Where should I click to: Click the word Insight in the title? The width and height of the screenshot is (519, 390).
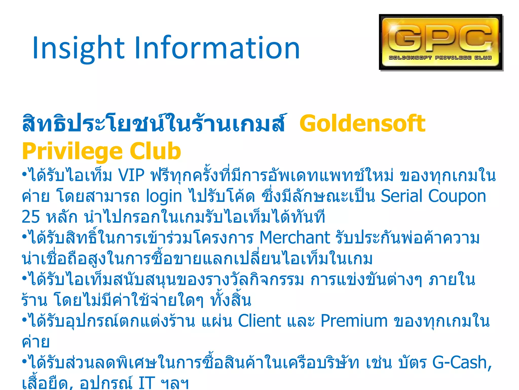79,48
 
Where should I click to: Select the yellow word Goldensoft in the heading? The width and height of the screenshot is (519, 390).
362,124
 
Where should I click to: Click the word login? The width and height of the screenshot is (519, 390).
164,197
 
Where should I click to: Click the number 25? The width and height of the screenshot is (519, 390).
31,217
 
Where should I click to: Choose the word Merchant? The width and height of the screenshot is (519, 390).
295,238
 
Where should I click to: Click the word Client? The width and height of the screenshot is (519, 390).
259,321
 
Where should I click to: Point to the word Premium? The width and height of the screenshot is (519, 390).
354,321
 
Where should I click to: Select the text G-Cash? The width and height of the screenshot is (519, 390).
462,362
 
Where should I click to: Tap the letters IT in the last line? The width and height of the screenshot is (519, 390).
147,383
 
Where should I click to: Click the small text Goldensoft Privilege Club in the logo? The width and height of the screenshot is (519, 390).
440,58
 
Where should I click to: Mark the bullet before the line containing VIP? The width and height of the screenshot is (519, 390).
25,174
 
